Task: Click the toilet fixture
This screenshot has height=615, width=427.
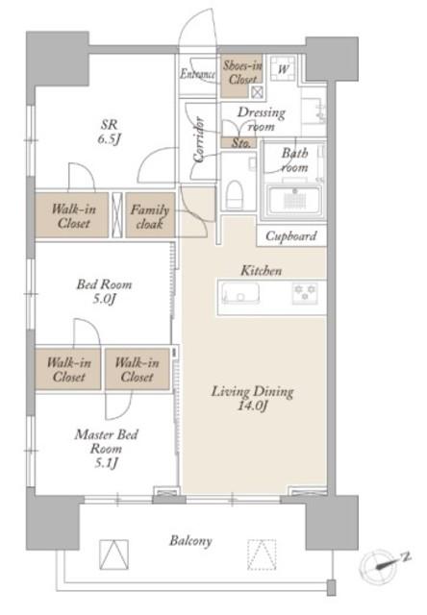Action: [x=234, y=193]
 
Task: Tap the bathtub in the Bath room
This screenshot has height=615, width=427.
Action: [x=294, y=200]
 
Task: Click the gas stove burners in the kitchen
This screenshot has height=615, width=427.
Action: [x=305, y=293]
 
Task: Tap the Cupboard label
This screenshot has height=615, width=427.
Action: [x=290, y=236]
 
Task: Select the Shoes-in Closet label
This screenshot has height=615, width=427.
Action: [x=242, y=73]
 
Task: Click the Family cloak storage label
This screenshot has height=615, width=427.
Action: [x=149, y=216]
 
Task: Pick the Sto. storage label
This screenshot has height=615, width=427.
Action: [x=240, y=143]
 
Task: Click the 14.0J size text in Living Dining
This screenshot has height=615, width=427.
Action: [x=252, y=406]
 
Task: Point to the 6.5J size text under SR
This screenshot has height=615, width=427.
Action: [x=109, y=139]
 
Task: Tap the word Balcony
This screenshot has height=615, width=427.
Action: [x=190, y=541]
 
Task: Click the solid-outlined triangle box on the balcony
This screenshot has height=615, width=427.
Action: [x=113, y=554]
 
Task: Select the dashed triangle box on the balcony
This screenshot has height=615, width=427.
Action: [x=262, y=554]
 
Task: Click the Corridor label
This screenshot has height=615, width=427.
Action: [x=198, y=138]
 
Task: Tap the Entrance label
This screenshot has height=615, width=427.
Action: [x=197, y=73]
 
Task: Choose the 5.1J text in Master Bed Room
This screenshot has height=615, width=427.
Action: [x=106, y=463]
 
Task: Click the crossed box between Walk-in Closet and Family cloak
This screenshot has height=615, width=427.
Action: [x=117, y=215]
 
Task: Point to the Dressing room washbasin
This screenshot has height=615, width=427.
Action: [x=314, y=111]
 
